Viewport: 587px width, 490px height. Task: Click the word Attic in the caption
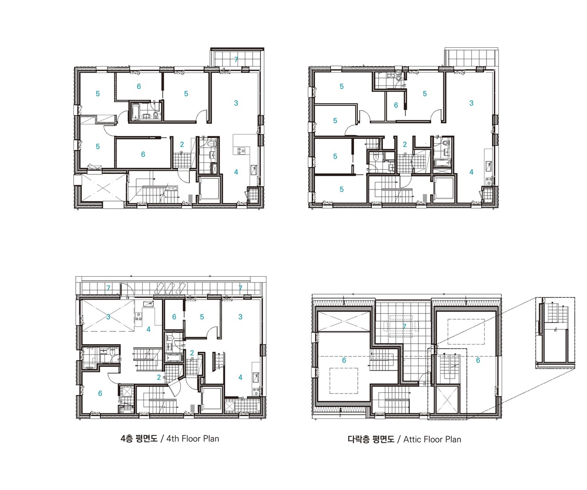click(412, 440)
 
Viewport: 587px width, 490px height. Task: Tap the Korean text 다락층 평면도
click(371, 440)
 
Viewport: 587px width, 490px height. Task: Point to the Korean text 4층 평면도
click(139, 439)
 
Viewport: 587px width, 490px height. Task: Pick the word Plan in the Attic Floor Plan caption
click(453, 440)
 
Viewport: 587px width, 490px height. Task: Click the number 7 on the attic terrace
click(404, 327)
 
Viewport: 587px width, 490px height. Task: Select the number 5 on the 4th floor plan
click(202, 317)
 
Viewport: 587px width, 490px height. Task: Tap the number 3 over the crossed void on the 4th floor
click(108, 317)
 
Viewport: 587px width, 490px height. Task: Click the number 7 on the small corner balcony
click(236, 60)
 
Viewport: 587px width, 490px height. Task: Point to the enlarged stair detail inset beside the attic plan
click(555, 333)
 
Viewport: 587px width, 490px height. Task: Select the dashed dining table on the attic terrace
click(401, 326)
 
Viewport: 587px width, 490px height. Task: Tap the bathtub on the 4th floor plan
click(175, 358)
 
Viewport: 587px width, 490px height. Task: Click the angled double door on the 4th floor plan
click(174, 386)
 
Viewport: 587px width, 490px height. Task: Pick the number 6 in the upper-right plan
click(396, 105)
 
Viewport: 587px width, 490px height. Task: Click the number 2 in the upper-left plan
click(182, 145)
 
